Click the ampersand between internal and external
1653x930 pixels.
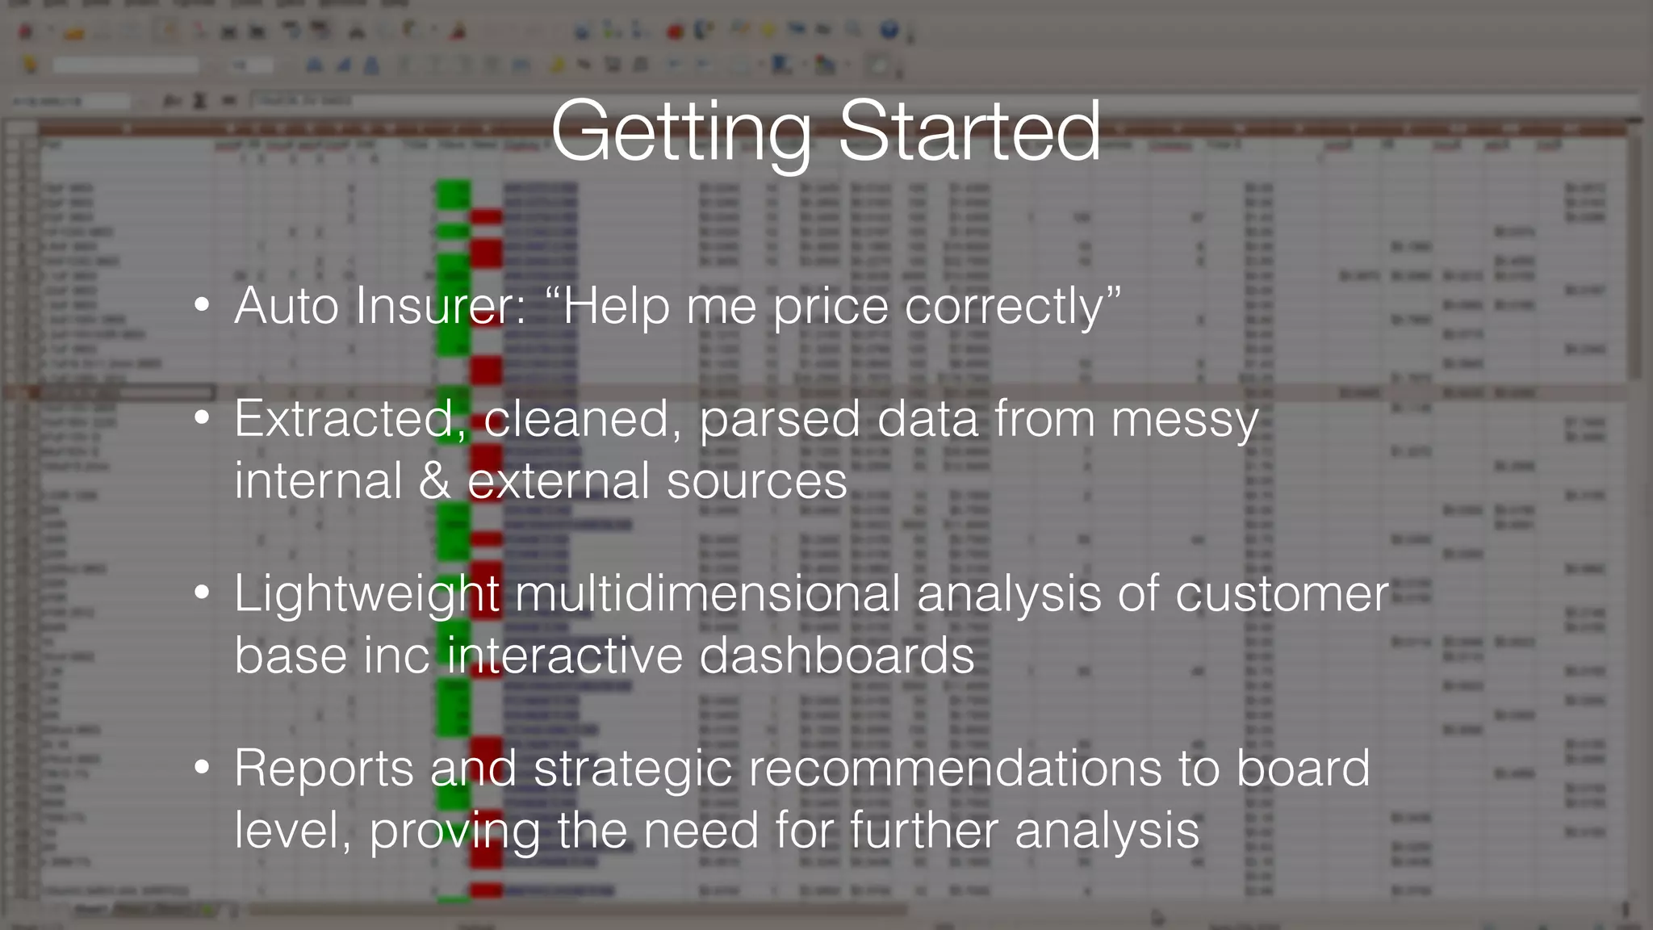tap(435, 481)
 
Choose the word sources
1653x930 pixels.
tap(757, 482)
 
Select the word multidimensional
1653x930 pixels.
tap(706, 594)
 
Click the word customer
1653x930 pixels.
tap(1282, 594)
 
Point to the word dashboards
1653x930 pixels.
tap(837, 656)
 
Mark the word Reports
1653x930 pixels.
tap(324, 769)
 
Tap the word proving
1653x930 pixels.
tap(455, 832)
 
